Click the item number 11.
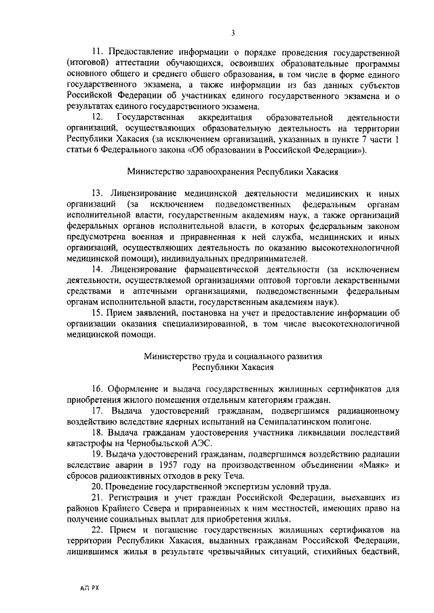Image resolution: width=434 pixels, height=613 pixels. point(98,52)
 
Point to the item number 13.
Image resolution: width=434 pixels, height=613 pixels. point(98,193)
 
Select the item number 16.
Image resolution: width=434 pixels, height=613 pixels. point(98,388)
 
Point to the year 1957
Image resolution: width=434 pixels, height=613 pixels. point(160,465)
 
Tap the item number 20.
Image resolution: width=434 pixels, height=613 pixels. point(98,488)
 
